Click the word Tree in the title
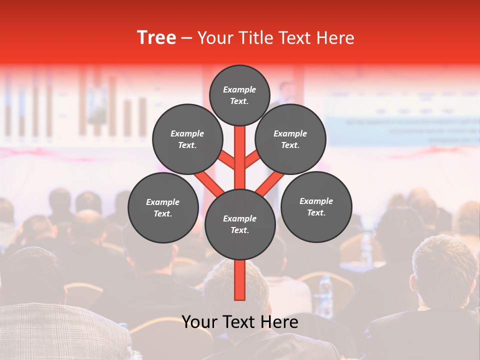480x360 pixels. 156,37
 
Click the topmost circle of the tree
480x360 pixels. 239,95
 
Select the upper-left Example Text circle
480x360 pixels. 187,139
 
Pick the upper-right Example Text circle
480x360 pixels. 290,139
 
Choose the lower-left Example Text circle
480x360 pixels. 163,207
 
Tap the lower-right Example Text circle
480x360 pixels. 316,206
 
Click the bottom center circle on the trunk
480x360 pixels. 239,224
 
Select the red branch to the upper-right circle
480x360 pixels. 252,159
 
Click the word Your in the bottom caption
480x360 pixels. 199,322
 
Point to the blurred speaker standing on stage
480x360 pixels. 286,95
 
